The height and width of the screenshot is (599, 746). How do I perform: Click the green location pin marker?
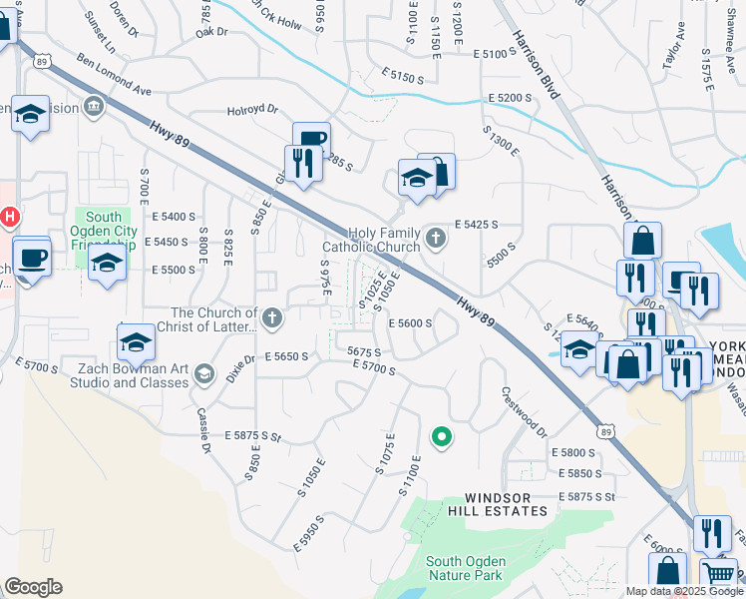pyautogui.click(x=439, y=436)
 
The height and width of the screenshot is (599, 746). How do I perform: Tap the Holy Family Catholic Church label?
pyautogui.click(x=371, y=240)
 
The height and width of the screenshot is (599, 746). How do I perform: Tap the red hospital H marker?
pyautogui.click(x=10, y=215)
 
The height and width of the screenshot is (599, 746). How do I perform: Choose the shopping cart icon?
pyautogui.click(x=722, y=575)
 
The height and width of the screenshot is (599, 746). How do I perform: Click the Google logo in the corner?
pyautogui.click(x=33, y=587)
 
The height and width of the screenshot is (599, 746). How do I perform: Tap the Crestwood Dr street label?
pyautogui.click(x=525, y=411)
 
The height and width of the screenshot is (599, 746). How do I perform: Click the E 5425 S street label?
pyautogui.click(x=476, y=226)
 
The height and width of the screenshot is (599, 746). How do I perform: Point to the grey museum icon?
pyautogui.click(x=95, y=105)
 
